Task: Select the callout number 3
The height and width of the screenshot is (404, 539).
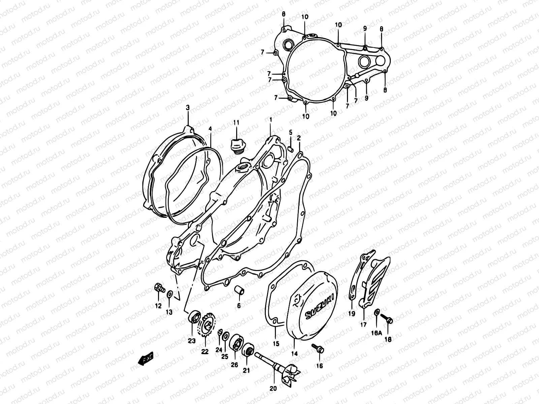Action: pyautogui.click(x=188, y=107)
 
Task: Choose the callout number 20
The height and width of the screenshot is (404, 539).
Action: pyautogui.click(x=273, y=388)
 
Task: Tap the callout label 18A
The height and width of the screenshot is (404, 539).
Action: pyautogui.click(x=377, y=333)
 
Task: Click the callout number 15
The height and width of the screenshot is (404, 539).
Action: pyautogui.click(x=276, y=344)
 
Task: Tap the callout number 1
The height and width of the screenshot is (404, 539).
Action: pyautogui.click(x=270, y=120)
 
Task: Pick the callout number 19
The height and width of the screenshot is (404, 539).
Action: pyautogui.click(x=352, y=314)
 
